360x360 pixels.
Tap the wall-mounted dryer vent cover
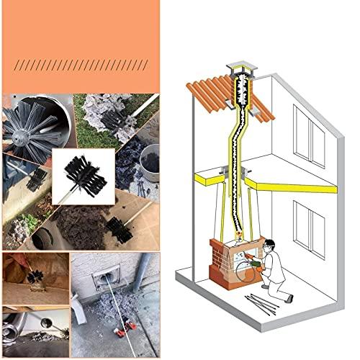tap(94, 280)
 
